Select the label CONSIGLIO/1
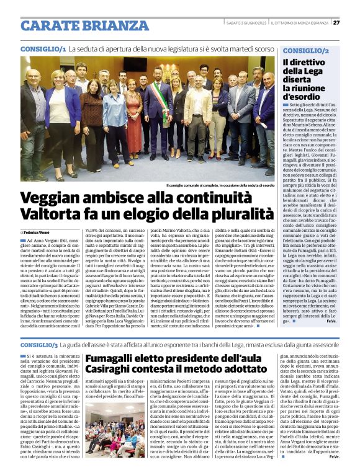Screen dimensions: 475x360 tap(43, 48)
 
